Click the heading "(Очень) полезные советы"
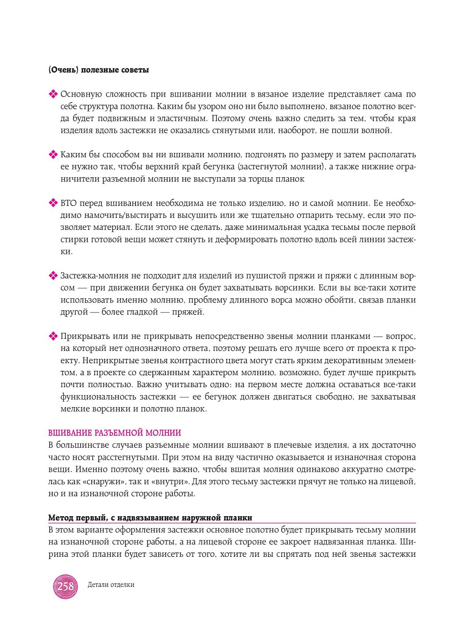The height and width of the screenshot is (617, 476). (99, 70)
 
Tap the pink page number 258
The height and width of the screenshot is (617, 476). (65, 586)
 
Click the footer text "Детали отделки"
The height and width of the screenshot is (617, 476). (111, 585)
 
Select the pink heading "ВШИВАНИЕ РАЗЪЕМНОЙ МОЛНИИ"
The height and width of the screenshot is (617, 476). (115, 433)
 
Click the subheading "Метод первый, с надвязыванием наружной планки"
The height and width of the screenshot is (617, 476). (150, 518)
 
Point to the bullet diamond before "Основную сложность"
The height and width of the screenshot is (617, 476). (53, 95)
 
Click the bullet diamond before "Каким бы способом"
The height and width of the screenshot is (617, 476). (53, 155)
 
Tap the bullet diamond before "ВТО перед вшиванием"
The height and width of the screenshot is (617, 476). (53, 203)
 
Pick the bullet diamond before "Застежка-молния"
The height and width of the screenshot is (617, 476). (53, 276)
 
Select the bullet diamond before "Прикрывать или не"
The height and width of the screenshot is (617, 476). (53, 336)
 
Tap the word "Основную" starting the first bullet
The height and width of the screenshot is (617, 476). (80, 94)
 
